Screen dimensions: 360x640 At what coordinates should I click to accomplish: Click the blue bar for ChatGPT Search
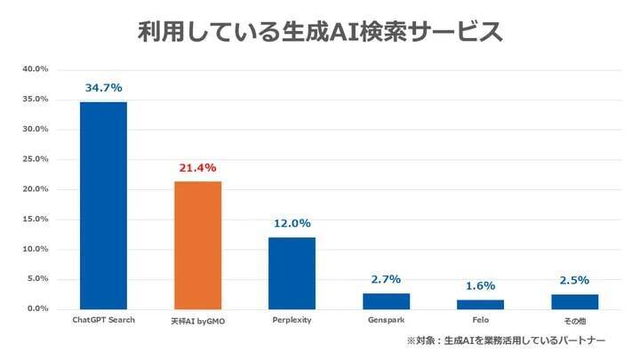(x=103, y=205)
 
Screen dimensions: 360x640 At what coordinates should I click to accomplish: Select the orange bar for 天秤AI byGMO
(x=197, y=244)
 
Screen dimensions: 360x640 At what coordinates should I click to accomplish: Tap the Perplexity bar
(x=292, y=273)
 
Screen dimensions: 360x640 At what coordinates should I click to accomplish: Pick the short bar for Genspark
(x=386, y=300)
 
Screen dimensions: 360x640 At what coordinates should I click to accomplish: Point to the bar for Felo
(x=480, y=304)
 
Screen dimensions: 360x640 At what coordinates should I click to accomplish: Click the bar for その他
(x=574, y=301)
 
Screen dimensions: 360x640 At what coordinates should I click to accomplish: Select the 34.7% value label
(x=103, y=88)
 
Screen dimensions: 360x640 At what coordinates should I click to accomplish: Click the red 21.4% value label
(x=197, y=168)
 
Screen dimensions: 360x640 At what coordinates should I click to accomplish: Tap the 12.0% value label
(x=292, y=223)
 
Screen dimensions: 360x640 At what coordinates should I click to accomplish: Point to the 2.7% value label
(x=386, y=279)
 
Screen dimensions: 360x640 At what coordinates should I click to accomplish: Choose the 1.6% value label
(x=480, y=286)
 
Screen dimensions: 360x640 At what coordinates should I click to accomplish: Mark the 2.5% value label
(x=574, y=280)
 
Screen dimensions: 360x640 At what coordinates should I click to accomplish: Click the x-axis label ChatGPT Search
(x=103, y=320)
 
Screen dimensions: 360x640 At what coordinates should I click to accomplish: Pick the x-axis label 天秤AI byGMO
(x=197, y=320)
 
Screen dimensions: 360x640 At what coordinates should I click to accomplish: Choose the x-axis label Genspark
(x=386, y=320)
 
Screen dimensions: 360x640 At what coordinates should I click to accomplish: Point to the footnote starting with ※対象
(x=507, y=341)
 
